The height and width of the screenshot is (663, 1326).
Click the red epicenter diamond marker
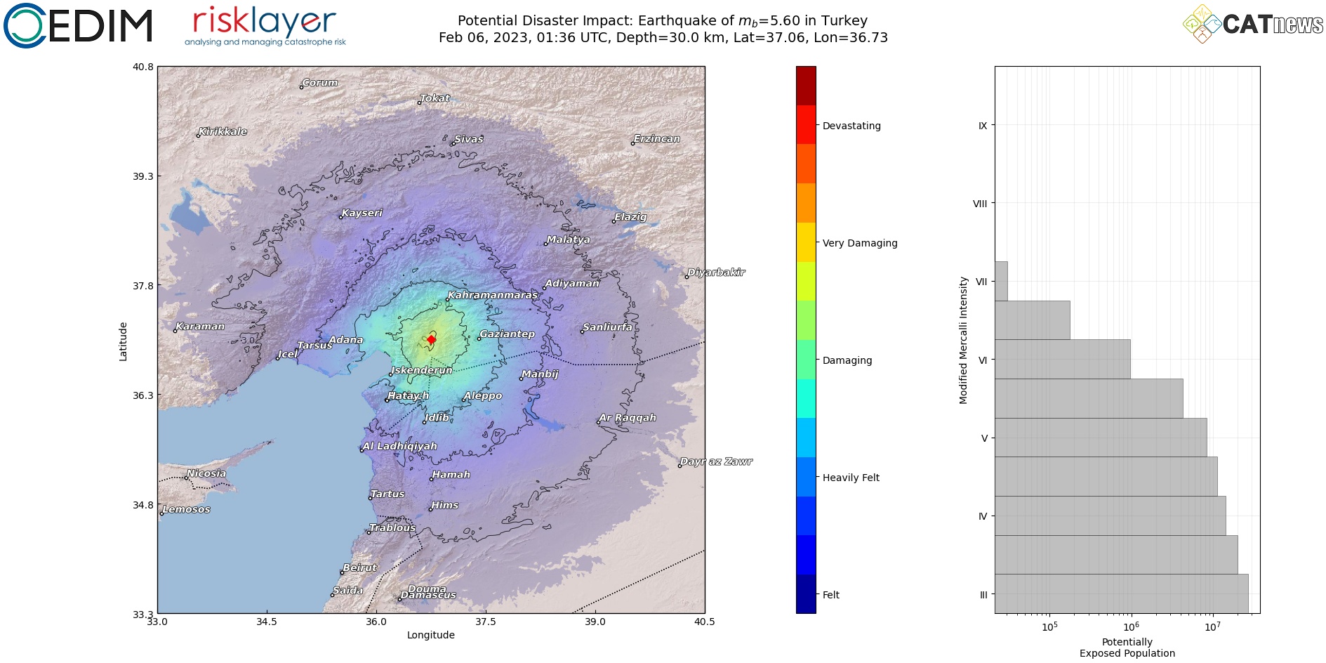tap(431, 340)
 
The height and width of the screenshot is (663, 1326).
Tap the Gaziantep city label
tap(507, 334)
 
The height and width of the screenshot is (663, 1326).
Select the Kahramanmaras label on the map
tap(493, 295)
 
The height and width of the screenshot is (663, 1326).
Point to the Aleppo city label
tap(483, 395)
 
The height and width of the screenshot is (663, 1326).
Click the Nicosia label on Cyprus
tap(206, 473)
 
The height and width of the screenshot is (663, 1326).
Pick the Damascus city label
tap(428, 596)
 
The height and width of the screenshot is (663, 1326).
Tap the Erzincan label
tap(656, 139)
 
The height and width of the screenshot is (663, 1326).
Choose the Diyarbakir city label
tap(716, 273)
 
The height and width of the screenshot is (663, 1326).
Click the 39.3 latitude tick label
tap(142, 176)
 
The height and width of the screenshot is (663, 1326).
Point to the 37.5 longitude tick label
tap(485, 622)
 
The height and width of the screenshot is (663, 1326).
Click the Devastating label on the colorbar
tap(851, 126)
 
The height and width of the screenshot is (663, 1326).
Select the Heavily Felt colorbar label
tap(851, 478)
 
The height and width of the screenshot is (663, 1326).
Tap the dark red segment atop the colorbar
tap(806, 86)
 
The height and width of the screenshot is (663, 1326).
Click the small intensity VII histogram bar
tap(1001, 281)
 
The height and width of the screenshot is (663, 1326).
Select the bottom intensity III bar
tap(1121, 593)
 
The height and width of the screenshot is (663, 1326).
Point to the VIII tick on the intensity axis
tap(980, 204)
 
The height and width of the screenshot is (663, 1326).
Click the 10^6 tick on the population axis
tap(1131, 626)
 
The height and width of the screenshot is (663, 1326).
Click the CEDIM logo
tap(78, 25)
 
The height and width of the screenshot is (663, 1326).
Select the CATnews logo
tap(1254, 24)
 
